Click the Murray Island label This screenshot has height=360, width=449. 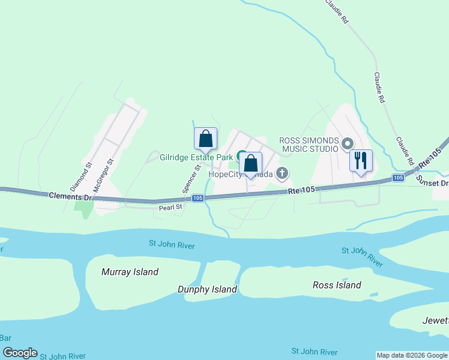(130, 272)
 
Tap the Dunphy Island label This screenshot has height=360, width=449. (207, 289)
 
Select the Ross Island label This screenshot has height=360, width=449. (337, 285)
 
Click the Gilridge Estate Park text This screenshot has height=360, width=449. (196, 157)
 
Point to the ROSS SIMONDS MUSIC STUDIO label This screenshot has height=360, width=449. (310, 145)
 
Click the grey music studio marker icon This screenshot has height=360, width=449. (347, 144)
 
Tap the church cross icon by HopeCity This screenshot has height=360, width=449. (282, 174)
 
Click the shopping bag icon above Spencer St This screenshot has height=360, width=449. (205, 139)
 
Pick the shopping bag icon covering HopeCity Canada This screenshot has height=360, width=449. (250, 163)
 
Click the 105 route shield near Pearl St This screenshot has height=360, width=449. (198, 198)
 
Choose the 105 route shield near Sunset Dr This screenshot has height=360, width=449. (398, 178)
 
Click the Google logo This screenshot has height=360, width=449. (20, 353)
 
